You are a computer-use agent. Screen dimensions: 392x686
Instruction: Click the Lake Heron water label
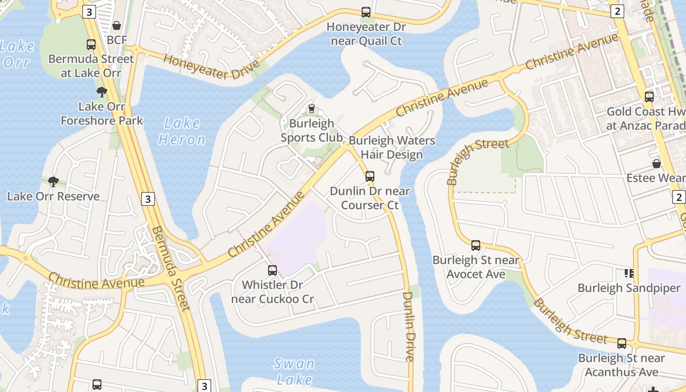point(182,131)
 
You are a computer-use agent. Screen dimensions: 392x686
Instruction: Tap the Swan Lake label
point(294,371)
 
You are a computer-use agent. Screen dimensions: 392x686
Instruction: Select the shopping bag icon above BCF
point(117,25)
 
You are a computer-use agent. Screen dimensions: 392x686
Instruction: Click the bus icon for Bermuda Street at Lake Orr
point(91,45)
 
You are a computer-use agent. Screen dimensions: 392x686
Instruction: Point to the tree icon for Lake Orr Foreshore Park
point(102,92)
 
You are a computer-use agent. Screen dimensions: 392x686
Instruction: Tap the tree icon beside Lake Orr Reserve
point(53,182)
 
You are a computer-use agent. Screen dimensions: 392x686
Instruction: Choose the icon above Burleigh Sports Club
point(311,109)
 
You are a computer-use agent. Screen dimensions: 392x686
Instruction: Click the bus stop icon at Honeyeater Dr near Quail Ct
point(366,12)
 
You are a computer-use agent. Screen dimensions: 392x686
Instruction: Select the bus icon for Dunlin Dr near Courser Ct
point(370,176)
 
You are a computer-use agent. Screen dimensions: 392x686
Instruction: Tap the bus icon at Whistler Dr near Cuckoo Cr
point(272,270)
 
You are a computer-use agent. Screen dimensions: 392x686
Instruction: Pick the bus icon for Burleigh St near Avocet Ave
point(476,245)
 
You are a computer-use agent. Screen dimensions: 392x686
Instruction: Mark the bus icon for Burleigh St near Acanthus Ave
point(622,343)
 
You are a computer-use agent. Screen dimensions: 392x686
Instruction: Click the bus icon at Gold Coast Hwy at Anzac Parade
point(649,97)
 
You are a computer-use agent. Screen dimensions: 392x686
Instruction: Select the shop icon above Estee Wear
point(656,163)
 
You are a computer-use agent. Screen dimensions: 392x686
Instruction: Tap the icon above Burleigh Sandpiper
point(629,273)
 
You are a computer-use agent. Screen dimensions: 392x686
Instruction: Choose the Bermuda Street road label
point(170,269)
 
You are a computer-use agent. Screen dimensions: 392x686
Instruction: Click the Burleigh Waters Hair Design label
point(392,147)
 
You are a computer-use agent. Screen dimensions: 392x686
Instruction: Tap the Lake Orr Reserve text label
point(53,196)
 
